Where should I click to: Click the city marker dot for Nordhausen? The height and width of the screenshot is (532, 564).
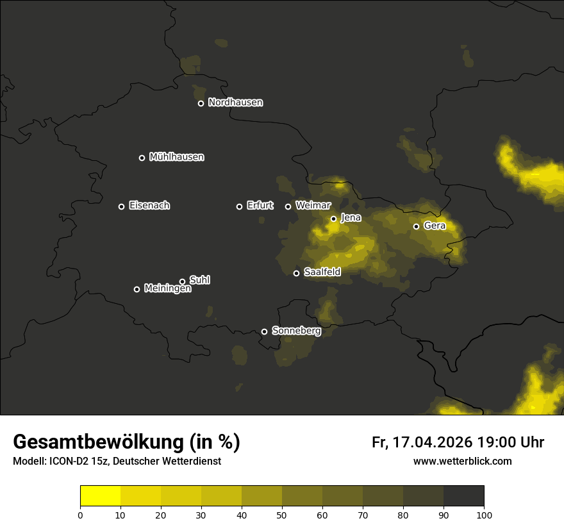coord(201,103)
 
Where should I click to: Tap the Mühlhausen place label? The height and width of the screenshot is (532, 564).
coord(176,157)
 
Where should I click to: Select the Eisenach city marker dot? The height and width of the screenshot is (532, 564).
coord(121,206)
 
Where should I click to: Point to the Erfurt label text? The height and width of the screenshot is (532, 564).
coord(260,206)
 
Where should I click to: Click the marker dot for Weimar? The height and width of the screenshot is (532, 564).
coord(288,206)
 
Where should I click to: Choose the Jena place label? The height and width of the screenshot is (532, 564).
coord(351,218)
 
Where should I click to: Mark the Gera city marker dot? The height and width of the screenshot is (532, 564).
coord(416,226)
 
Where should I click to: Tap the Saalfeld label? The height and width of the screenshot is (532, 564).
coord(322,272)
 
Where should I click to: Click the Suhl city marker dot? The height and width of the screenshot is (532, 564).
coord(182,281)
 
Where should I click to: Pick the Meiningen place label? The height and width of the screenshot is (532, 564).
coord(167,289)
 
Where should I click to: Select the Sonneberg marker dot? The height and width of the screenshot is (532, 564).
coord(264,331)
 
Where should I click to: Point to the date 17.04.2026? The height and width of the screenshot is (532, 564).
coord(432,442)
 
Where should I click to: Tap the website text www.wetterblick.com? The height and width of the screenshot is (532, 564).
coord(462,461)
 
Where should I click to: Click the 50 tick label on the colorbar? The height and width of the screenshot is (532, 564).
coord(282,515)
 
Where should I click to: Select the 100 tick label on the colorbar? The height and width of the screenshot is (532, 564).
coord(484,515)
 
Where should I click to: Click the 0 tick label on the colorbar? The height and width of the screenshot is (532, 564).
coord(80,515)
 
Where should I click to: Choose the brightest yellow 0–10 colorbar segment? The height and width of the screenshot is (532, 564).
coord(100,496)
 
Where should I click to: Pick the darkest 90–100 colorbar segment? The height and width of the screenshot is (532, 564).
coord(463,496)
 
